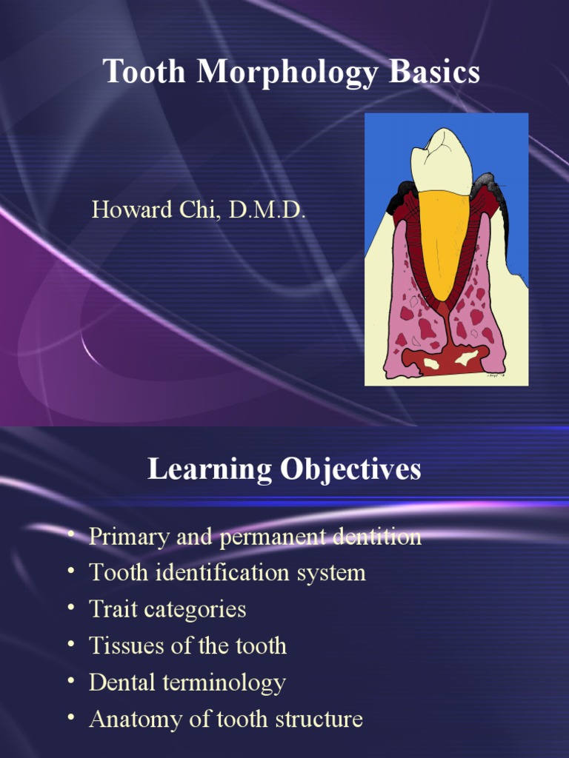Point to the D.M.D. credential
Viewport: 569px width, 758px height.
point(267,209)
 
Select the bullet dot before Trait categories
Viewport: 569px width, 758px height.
point(70,608)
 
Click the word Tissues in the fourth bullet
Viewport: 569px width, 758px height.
point(122,645)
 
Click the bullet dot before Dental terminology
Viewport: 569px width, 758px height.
point(70,681)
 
